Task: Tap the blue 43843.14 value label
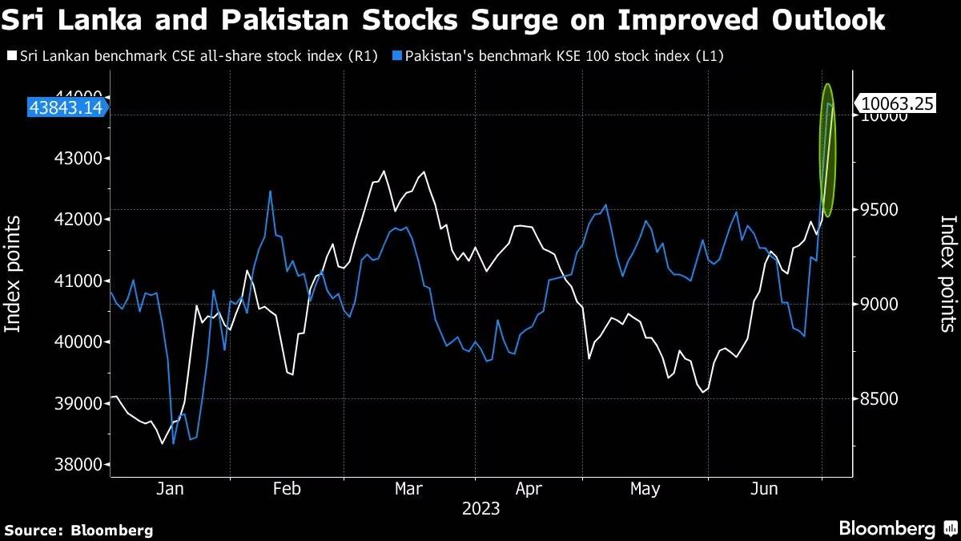(66, 107)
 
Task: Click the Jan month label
(171, 489)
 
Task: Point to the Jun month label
(766, 489)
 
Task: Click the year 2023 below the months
(480, 509)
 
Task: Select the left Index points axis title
(14, 273)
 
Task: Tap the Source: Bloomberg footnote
(78, 530)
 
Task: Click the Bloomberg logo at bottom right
(897, 528)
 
